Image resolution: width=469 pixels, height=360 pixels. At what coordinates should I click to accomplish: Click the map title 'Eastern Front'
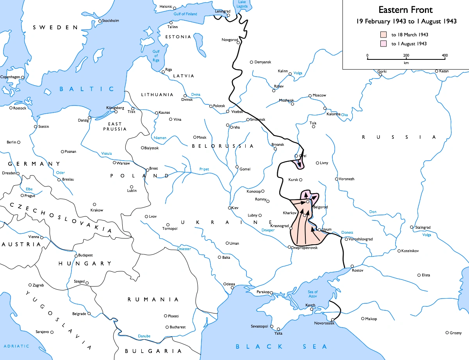(x=406, y=10)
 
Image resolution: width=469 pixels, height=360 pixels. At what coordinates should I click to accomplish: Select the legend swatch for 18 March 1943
(x=384, y=35)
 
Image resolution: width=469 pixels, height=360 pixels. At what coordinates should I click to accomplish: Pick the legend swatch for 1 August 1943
(x=384, y=44)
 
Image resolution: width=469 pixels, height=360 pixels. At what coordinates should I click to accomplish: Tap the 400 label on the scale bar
(x=444, y=55)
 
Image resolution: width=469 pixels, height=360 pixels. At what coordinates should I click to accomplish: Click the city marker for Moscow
(x=310, y=95)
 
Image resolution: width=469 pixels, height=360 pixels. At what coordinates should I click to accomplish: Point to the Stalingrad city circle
(x=412, y=227)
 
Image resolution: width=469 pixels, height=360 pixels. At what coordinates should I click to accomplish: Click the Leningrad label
(x=221, y=11)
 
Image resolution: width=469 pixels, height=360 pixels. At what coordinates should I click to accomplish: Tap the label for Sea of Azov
(x=313, y=294)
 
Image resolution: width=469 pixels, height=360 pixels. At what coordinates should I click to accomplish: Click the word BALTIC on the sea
(x=87, y=89)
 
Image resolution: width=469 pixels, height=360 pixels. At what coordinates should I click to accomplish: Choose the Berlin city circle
(x=18, y=142)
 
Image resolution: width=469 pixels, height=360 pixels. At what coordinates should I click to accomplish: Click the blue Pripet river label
(x=204, y=169)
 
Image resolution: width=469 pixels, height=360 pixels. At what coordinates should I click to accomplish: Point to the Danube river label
(x=144, y=336)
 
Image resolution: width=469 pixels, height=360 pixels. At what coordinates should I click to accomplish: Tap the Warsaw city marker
(x=114, y=163)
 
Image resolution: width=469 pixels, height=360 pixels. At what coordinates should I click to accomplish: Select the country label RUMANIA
(x=153, y=299)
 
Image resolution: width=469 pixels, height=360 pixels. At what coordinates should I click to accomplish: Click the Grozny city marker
(x=447, y=333)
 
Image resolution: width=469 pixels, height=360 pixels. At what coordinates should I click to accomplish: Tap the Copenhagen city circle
(x=23, y=77)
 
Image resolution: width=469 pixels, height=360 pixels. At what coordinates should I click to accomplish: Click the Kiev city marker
(x=230, y=208)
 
